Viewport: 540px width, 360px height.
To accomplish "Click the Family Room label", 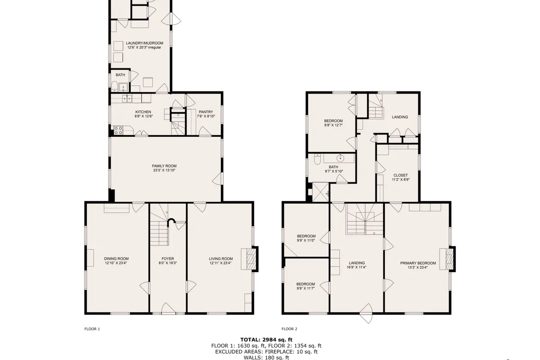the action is click(164, 166).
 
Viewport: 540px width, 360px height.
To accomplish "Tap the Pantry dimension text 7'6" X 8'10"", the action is click(206, 116).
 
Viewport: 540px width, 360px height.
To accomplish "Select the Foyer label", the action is click(168, 259).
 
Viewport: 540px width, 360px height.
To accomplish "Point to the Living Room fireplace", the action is click(249, 259).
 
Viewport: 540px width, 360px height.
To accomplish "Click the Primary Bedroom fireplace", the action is click(448, 259).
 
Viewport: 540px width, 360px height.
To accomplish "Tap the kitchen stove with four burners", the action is click(118, 130).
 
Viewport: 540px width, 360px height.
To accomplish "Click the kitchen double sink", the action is click(127, 99).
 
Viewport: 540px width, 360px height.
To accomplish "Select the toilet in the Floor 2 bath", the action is click(318, 159).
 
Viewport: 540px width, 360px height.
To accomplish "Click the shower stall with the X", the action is click(320, 192).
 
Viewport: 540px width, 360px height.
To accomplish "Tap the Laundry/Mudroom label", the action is click(144, 43).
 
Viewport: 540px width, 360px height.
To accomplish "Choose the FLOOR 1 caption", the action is click(92, 329).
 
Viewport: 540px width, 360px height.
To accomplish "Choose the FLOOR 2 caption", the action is click(289, 329).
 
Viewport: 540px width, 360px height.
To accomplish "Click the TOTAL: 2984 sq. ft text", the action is click(266, 340).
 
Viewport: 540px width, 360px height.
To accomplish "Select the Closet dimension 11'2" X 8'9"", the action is click(400, 180).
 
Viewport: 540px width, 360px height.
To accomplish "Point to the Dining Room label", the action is click(116, 259).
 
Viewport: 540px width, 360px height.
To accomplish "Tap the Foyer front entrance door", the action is click(168, 308).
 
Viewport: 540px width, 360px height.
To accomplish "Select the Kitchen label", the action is click(143, 112).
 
